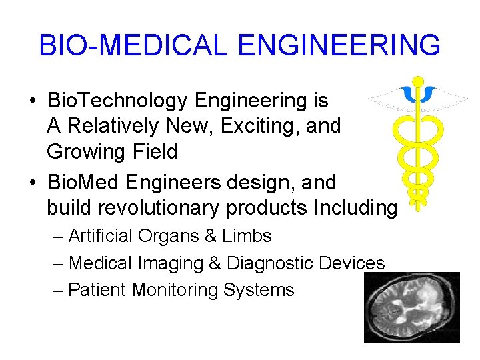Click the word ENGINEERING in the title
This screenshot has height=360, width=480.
tap(339, 45)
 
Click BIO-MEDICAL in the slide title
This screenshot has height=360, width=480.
tap(133, 45)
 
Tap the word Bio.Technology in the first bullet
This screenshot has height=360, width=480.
tap(117, 101)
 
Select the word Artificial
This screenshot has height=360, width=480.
tap(100, 236)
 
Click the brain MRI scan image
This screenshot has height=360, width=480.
tap(411, 307)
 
